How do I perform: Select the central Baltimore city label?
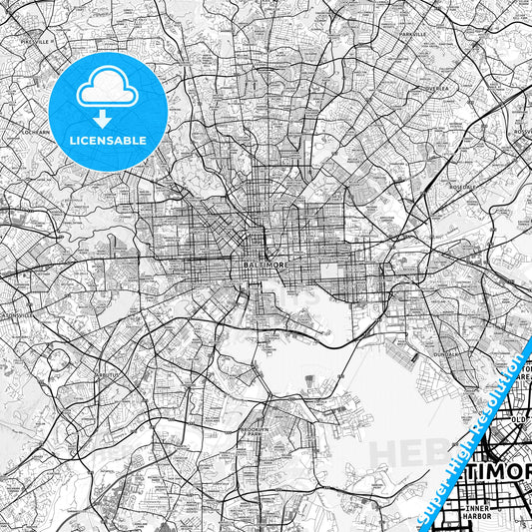262,265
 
